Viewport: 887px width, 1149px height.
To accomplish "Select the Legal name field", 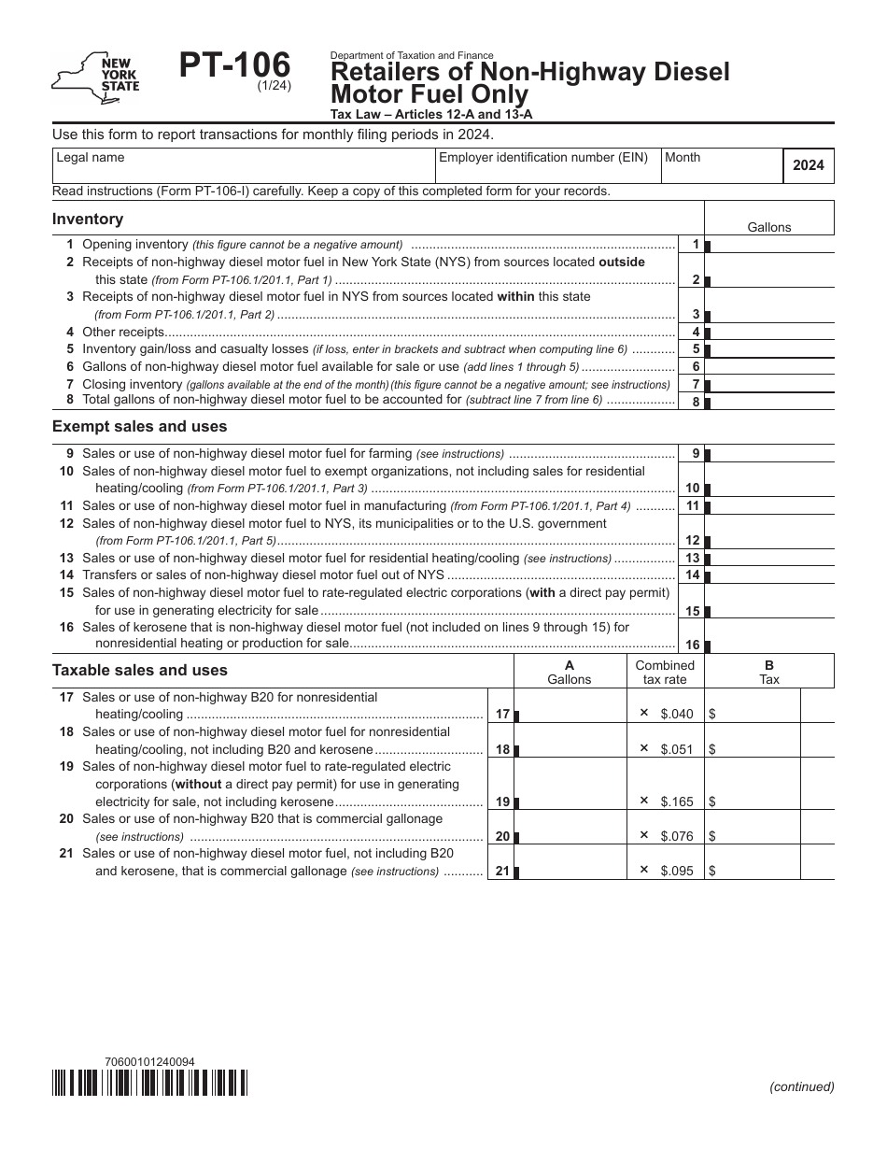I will coord(243,166).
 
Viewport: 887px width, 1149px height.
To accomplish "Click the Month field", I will coord(719,166).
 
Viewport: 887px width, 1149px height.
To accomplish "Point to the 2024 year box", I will coord(808,166).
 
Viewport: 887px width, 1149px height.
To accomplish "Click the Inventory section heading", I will coord(88,220).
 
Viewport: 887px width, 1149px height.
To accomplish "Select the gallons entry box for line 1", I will coord(770,245).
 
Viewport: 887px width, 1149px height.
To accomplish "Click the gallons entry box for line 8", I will coord(770,402).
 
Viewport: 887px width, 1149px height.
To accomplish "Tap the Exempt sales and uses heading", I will coord(139,427).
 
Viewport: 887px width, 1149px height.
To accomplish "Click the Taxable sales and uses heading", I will coord(139,671).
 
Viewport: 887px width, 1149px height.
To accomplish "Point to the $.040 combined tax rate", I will coord(677,714).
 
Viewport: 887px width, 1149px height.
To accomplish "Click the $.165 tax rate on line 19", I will coord(677,801).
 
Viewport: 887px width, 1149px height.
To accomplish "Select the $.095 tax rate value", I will coord(677,871).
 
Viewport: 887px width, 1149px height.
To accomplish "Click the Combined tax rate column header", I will coord(665,673).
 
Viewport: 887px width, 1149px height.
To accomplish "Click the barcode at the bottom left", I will coord(149,1083).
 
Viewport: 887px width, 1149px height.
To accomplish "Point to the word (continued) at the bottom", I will coord(801,1086).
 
